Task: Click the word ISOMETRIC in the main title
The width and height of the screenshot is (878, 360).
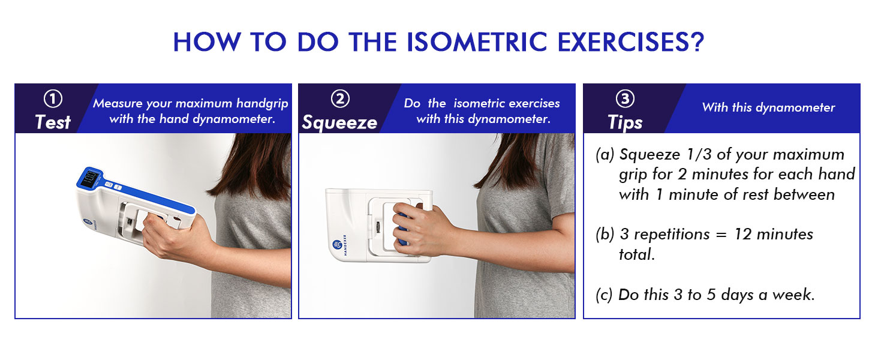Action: pyautogui.click(x=477, y=41)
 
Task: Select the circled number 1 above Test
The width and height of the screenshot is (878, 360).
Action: pyautogui.click(x=53, y=99)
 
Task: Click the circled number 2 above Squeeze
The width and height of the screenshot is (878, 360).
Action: pyautogui.click(x=340, y=99)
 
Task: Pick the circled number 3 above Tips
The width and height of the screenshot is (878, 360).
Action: pyautogui.click(x=625, y=99)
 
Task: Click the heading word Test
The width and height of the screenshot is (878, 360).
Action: pyautogui.click(x=53, y=122)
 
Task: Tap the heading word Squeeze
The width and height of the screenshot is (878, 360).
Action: pyautogui.click(x=339, y=123)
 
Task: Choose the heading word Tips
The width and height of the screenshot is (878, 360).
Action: pyautogui.click(x=625, y=123)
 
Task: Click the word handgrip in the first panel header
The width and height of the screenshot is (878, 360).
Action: pyautogui.click(x=262, y=104)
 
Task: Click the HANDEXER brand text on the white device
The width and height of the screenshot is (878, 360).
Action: pyautogui.click(x=345, y=245)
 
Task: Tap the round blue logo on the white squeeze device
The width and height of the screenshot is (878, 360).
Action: pyautogui.click(x=336, y=245)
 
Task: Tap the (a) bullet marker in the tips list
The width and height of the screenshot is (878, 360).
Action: pyautogui.click(x=605, y=155)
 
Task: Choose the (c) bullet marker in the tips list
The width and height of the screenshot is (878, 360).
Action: pyautogui.click(x=604, y=295)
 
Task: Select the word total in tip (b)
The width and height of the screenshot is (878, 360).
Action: pyautogui.click(x=637, y=254)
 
